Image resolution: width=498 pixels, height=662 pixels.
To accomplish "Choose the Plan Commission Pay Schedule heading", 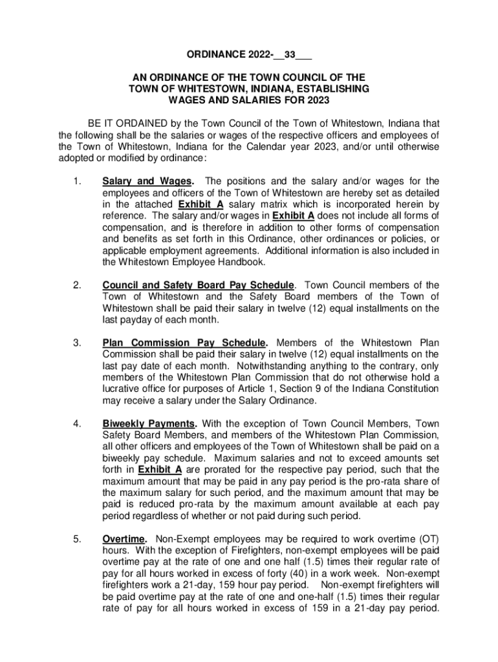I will click(184, 343).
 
